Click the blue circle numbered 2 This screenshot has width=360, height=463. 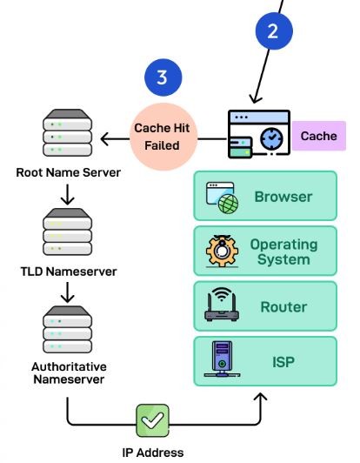click(x=272, y=32)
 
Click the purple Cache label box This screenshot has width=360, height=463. click(x=318, y=137)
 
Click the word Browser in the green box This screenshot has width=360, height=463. click(x=283, y=197)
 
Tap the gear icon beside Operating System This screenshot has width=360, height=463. click(x=221, y=252)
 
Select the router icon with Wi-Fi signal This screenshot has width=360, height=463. click(x=221, y=307)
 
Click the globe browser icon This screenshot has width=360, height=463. click(x=222, y=198)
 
